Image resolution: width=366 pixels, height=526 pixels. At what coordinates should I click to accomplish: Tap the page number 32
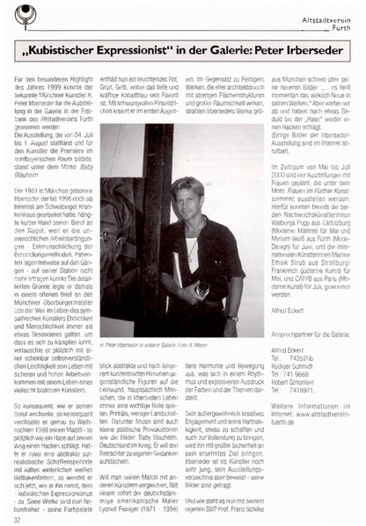18,518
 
